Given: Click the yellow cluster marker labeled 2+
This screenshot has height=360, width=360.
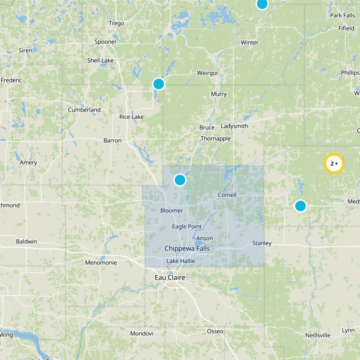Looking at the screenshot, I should tap(334, 164).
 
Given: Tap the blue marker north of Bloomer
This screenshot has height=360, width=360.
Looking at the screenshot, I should tap(180, 180).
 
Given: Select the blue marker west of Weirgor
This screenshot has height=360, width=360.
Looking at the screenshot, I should tap(158, 84).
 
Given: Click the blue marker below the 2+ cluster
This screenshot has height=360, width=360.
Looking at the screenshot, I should tap(300, 206).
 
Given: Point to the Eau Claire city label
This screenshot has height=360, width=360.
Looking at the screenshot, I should tap(170, 278).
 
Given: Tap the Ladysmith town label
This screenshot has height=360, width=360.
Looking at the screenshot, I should tap(234, 126).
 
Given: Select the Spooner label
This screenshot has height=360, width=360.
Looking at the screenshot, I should tap(106, 42).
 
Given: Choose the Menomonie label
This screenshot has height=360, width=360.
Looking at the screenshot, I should tap(101, 262).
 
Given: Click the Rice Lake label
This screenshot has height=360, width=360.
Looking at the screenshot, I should tap(131, 117).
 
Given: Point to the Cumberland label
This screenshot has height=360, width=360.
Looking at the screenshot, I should tap(84, 110).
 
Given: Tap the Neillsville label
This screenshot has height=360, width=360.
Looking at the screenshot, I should tap(318, 335).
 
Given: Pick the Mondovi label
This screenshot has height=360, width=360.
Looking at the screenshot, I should tap(142, 333).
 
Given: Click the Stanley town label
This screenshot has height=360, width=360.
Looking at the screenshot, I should tap(262, 243).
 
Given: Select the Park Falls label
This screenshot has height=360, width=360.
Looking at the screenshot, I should tap(342, 15).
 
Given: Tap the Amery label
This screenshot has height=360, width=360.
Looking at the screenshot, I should tap(28, 162).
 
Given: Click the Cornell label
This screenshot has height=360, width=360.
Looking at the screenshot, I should tap(227, 195).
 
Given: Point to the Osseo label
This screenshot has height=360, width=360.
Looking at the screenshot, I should tap(215, 331).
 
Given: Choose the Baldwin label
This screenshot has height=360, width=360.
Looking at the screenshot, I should tap(27, 241).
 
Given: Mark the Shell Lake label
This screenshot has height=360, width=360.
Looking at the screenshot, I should tap(100, 60).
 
